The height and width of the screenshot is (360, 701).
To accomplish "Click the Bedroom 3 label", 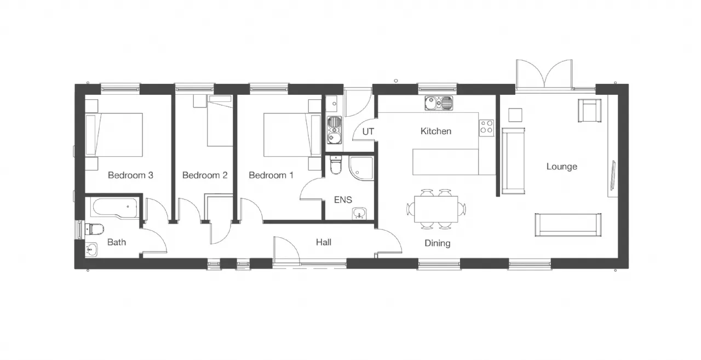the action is [130, 175].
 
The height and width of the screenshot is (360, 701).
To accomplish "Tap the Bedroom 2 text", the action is [205, 175].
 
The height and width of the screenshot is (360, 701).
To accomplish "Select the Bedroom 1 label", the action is [271, 175].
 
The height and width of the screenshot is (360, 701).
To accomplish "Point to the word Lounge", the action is [562, 167].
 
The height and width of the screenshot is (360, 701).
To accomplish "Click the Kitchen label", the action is [436, 131].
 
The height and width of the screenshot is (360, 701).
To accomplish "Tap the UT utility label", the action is [368, 132].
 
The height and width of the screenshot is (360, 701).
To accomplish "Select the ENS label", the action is [343, 199].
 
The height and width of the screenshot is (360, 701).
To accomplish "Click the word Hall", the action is [324, 242].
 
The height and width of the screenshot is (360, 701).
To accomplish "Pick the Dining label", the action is [438, 243].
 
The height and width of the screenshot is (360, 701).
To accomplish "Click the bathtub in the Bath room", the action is [115, 207].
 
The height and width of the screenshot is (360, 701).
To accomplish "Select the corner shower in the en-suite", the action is [361, 168].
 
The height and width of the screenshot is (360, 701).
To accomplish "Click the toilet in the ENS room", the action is [336, 165].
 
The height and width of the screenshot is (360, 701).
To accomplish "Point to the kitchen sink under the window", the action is [439, 103].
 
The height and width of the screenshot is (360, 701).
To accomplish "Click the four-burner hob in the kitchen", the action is [486, 128].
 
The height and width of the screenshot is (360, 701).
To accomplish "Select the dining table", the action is [436, 209].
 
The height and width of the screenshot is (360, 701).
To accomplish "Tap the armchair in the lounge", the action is [590, 111].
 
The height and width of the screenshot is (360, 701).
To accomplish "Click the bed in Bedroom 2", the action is [220, 121].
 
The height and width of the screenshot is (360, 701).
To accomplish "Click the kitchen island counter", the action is [445, 162].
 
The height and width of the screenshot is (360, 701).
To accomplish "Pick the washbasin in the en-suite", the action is [359, 213].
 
